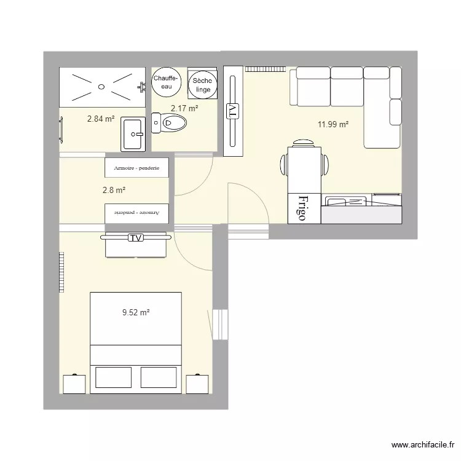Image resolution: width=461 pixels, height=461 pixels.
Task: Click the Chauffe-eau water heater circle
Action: pyautogui.click(x=166, y=82)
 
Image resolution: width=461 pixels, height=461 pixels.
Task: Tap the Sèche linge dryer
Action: pyautogui.click(x=202, y=85)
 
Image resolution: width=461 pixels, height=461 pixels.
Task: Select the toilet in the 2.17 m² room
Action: pyautogui.click(x=170, y=124)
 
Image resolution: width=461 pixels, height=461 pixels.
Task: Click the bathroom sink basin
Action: pyautogui.click(x=133, y=133)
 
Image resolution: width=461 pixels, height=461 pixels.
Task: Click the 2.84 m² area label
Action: pyautogui.click(x=101, y=119)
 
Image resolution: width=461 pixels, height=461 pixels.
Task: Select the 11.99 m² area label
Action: pyautogui.click(x=333, y=125)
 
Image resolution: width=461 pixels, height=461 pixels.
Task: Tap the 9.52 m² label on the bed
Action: pyautogui.click(x=136, y=313)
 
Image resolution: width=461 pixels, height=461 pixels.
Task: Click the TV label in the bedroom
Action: pyautogui.click(x=135, y=238)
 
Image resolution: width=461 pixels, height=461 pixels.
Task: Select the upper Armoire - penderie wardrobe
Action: pyautogui.click(x=136, y=167)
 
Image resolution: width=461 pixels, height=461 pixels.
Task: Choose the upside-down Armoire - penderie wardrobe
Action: pyautogui.click(x=136, y=213)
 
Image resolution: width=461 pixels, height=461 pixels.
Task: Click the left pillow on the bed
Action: pyautogui.click(x=114, y=377)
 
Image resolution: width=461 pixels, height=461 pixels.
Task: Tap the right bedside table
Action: pyautogui.click(x=198, y=384)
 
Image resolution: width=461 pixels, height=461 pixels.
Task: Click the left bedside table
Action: pyautogui.click(x=73, y=384)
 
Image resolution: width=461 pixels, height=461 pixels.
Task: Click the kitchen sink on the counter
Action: pyautogui.click(x=347, y=201)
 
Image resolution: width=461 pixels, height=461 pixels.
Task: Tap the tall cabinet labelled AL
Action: pyautogui.click(x=233, y=111)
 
